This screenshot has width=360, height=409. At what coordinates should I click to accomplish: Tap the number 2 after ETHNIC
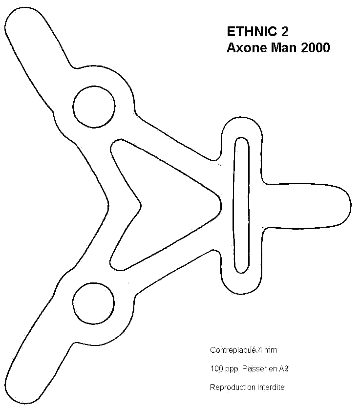[285, 32]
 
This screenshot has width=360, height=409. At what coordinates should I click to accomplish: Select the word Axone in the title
[247, 48]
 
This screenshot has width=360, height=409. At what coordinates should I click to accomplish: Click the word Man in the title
[284, 48]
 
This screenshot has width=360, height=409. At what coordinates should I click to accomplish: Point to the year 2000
[316, 48]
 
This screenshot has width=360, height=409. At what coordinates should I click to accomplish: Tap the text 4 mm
[267, 350]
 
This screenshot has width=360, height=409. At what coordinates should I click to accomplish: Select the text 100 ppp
[224, 369]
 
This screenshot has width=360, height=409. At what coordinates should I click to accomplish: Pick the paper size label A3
[284, 369]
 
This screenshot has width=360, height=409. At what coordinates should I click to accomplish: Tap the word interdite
[271, 387]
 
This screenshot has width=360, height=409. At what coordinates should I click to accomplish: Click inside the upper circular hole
[94, 107]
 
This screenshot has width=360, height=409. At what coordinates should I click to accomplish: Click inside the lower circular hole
[94, 303]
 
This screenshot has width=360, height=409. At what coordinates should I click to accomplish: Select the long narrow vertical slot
[242, 205]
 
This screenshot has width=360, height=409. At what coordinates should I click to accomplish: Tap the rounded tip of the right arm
[351, 205]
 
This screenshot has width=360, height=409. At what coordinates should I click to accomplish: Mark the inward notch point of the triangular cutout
[141, 205]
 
